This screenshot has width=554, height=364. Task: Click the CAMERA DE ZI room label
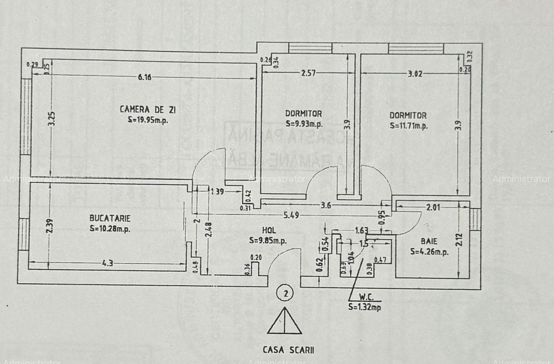click(x=148, y=109)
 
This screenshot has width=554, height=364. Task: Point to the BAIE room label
click(x=428, y=241)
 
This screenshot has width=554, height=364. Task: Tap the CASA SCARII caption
click(x=289, y=350)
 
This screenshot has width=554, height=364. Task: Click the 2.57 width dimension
click(x=308, y=73)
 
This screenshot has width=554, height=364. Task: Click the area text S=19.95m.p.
click(x=148, y=119)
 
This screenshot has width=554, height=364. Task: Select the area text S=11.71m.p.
click(x=409, y=125)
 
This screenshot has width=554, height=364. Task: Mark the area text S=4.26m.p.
click(x=429, y=252)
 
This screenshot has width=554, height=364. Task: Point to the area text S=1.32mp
click(x=365, y=306)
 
